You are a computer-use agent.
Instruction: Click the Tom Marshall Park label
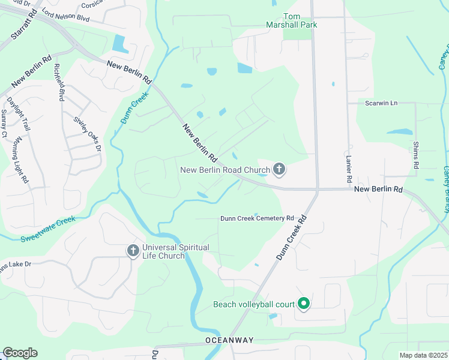pyautogui.click(x=292, y=20)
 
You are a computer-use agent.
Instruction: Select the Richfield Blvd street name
pyautogui.click(x=59, y=82)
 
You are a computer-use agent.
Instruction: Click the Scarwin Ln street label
pyautogui.click(x=381, y=103)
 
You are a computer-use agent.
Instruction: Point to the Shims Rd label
pyautogui.click(x=415, y=155)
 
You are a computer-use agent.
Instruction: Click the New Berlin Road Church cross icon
pyautogui.click(x=279, y=170)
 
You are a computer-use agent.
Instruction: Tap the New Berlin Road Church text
pyautogui.click(x=225, y=170)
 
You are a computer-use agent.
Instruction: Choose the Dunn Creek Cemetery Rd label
pyautogui.click(x=256, y=218)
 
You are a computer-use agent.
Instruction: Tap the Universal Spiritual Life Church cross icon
pyautogui.click(x=133, y=251)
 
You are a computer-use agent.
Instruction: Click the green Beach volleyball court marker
pyautogui.click(x=304, y=304)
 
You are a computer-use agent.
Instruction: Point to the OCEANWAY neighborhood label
pyautogui.click(x=229, y=340)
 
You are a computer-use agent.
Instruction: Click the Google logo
pyautogui.click(x=20, y=353)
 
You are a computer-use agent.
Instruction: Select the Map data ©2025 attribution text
pyautogui.click(x=423, y=356)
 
